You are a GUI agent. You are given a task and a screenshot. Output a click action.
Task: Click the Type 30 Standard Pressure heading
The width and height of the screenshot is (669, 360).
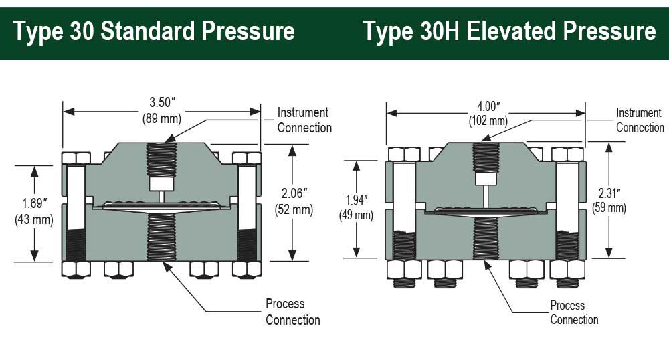coord(153,31)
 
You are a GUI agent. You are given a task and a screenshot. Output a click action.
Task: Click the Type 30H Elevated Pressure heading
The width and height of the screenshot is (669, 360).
coord(509,31)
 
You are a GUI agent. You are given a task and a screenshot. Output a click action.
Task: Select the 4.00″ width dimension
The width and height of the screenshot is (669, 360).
coord(488,107)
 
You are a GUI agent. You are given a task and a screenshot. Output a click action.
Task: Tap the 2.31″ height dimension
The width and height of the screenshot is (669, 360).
coord(607,195)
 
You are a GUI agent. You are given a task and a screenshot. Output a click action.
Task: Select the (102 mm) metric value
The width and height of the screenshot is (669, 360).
coord(488,121)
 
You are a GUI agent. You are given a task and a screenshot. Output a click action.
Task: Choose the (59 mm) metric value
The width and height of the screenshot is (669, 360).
coord(607,209)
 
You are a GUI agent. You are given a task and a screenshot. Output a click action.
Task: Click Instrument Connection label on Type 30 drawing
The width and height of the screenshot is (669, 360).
coord(304,120)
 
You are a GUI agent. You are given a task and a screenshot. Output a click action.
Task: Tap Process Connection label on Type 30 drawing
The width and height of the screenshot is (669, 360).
coord(292,312)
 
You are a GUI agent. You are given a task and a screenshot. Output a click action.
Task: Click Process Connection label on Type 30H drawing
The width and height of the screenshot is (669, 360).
coord(573,312)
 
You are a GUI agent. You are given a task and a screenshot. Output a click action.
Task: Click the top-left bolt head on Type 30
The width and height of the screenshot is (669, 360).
coord(76,158)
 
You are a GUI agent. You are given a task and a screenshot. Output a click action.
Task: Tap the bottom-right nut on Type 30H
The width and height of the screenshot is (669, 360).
coord(567,269)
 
